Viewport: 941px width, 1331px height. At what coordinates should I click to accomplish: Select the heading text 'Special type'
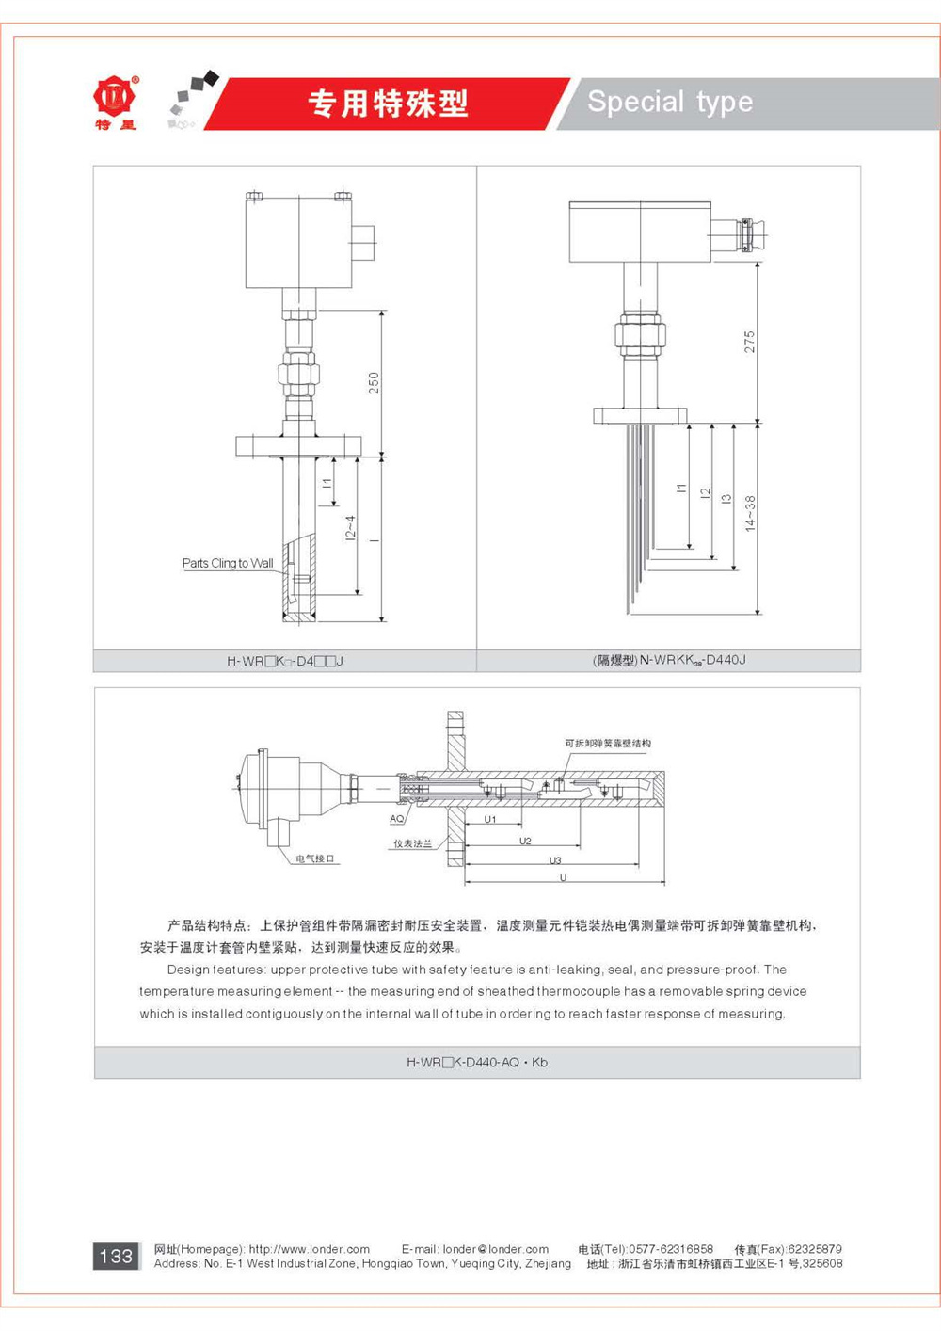(670, 102)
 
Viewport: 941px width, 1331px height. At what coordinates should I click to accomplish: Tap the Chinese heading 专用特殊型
(388, 104)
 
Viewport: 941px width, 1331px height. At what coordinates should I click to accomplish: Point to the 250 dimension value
(374, 382)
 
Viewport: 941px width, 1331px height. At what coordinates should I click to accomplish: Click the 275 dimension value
(749, 342)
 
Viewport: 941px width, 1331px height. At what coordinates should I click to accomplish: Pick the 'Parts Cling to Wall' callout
(228, 563)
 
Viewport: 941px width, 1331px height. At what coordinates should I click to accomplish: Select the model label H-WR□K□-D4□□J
(285, 661)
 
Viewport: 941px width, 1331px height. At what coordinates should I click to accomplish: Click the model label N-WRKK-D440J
(669, 660)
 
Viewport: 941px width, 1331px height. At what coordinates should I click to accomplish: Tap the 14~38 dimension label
(750, 514)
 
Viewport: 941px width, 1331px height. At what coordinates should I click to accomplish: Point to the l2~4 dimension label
(350, 527)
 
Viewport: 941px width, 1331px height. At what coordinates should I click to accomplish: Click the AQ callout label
(397, 819)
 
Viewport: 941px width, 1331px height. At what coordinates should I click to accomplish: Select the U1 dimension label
(490, 820)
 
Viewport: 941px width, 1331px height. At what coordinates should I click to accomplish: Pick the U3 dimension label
(555, 860)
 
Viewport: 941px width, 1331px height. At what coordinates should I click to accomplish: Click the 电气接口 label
(315, 858)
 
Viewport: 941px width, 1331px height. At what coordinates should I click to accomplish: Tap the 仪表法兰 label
(412, 843)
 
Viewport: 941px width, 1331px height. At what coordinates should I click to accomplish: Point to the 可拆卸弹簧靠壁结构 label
(608, 744)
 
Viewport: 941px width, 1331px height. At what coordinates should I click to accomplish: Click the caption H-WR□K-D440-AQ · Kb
(477, 1062)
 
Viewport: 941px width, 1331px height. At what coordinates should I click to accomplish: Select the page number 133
(116, 1256)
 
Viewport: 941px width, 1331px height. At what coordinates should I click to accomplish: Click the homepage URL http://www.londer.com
(310, 1249)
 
